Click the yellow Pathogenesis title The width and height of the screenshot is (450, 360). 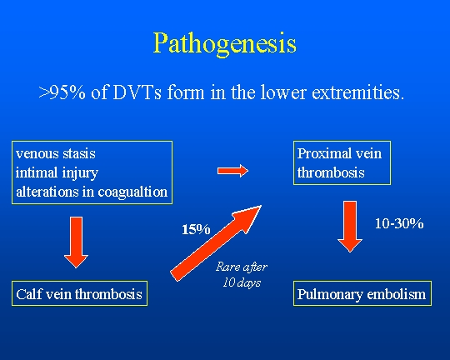(225, 44)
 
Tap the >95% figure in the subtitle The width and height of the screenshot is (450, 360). (62, 92)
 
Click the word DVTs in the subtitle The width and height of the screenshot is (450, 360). (137, 92)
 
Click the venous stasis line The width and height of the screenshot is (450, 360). (56, 153)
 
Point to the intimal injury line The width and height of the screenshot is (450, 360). (57, 173)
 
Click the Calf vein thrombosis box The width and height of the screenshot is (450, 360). (79, 293)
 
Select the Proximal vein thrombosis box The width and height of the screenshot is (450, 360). (342, 162)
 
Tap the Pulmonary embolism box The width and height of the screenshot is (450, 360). (362, 293)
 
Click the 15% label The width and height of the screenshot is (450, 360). (196, 230)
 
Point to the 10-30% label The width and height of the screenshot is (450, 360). (399, 223)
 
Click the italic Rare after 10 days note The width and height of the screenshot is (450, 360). (242, 274)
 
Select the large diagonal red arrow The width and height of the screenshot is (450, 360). (216, 243)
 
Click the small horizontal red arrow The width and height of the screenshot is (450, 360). (232, 171)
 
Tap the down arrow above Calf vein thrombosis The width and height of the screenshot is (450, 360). (76, 242)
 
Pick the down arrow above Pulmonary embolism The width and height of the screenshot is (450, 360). (350, 227)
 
